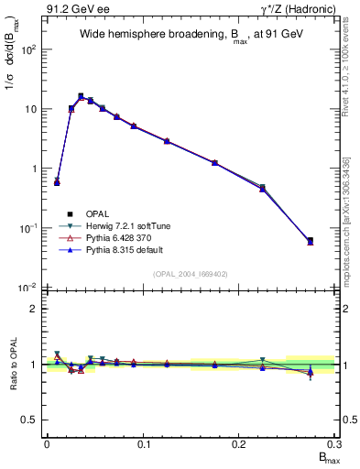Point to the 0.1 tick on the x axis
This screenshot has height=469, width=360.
pyautogui.click(x=143, y=443)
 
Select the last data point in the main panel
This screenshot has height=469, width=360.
pyautogui.click(x=310, y=241)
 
